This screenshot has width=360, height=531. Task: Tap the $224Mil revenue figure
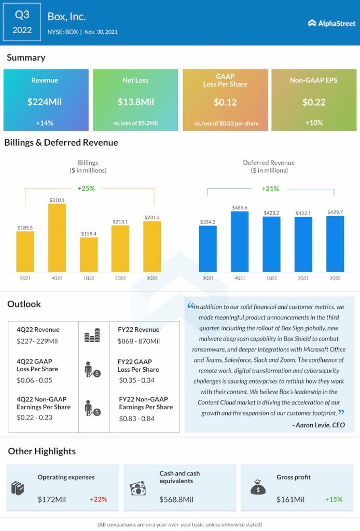(x=45, y=102)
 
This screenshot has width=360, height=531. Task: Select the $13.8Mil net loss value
(x=135, y=102)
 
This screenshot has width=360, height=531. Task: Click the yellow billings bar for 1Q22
(x=89, y=255)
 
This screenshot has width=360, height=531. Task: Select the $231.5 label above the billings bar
(x=152, y=217)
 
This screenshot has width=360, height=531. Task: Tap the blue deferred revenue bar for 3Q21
(x=208, y=249)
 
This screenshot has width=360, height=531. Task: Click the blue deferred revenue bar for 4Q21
(x=240, y=242)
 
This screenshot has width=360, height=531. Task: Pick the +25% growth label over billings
(x=86, y=188)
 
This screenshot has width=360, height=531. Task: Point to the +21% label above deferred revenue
(x=270, y=189)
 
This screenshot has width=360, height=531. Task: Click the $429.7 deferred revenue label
(x=335, y=212)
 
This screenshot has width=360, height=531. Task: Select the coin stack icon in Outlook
(x=92, y=337)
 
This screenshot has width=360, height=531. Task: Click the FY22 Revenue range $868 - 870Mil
(x=139, y=341)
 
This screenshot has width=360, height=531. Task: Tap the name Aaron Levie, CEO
(x=319, y=425)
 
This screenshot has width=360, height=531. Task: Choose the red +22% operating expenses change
(x=98, y=499)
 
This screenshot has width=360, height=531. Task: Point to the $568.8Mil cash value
(x=176, y=499)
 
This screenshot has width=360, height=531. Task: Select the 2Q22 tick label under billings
(x=120, y=278)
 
